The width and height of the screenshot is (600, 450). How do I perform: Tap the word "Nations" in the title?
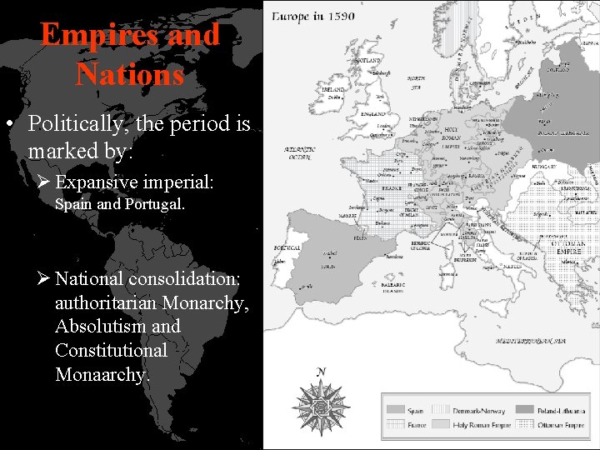(129, 75)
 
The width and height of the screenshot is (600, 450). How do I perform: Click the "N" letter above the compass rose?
(322, 372)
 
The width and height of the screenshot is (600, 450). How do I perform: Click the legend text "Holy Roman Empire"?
(482, 425)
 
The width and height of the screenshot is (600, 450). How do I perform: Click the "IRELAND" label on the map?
(333, 89)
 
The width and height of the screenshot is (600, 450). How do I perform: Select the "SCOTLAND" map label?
(367, 61)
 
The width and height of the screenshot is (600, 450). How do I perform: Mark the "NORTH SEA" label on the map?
(414, 82)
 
